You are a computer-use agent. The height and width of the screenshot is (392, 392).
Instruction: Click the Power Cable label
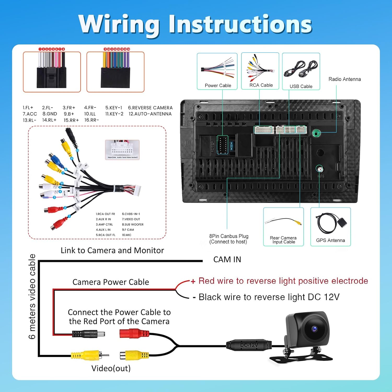pos(218,85)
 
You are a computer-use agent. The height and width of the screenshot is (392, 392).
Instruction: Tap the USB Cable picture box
pos(301,71)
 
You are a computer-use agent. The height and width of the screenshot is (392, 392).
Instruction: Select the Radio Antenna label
pos(344,79)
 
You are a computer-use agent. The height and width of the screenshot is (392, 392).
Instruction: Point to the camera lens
pos(314,328)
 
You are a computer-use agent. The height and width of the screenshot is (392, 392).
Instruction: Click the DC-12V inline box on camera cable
pos(249,345)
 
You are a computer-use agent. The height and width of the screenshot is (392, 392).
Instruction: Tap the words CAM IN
pos(227,260)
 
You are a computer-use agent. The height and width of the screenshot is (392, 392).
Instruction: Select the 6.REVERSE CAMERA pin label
pos(150,108)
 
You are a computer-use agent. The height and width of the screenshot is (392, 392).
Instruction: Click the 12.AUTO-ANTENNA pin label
pos(150,114)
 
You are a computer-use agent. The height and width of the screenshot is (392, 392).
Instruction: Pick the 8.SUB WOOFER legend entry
pos(132,224)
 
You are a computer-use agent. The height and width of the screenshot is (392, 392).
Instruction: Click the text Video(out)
pos(111,368)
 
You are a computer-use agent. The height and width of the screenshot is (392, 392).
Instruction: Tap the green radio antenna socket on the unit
pos(316,133)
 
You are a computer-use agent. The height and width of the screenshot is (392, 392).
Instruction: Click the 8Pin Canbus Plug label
pos(229,239)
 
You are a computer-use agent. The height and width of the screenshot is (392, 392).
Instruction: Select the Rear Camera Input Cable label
pos(283,240)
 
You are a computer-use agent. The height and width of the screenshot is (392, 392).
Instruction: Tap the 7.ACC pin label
pos(30,114)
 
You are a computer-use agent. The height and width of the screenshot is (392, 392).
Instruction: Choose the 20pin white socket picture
pos(122,150)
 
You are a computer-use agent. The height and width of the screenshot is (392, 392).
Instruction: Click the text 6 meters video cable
pos(32,296)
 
